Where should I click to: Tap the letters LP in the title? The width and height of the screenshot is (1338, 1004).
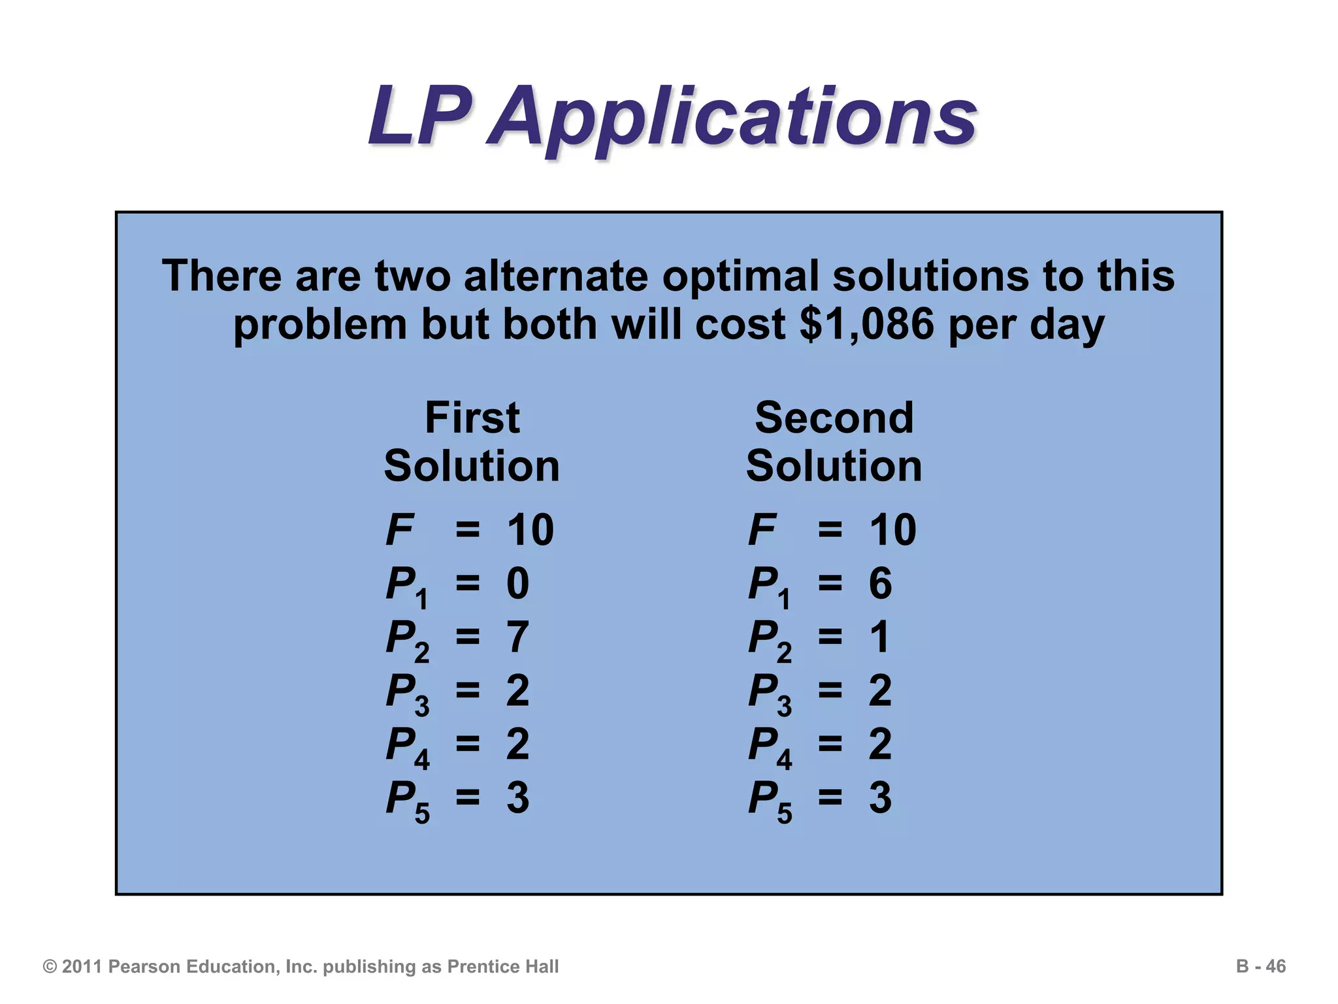pos(419,116)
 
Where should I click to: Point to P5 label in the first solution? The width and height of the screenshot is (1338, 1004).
pos(406,800)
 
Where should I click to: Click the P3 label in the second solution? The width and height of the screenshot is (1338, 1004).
pos(769,693)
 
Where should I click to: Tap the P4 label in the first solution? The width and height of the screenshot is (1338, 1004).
pos(406,746)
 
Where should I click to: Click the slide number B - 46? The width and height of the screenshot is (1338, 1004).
pos(1260,967)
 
